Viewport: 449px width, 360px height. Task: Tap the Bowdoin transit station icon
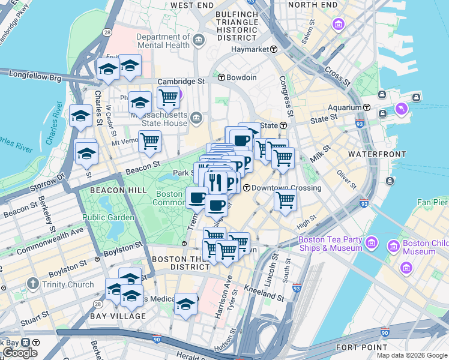pyautogui.click(x=221, y=77)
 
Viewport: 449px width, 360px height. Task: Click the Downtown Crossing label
pyautogui.click(x=286, y=188)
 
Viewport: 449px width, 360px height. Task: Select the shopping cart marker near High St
pyautogui.click(x=286, y=200)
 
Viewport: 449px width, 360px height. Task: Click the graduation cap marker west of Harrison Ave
pyautogui.click(x=186, y=305)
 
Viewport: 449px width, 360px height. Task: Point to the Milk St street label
pyautogui.click(x=321, y=154)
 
